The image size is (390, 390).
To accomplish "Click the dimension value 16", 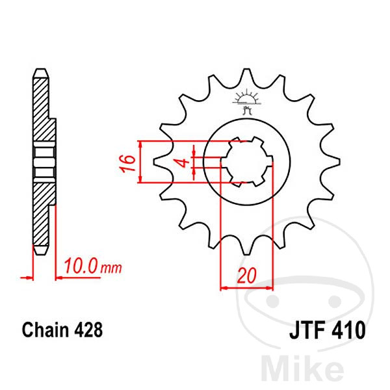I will pyautogui.click(x=129, y=162).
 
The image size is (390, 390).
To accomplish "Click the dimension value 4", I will pyautogui.click(x=184, y=162).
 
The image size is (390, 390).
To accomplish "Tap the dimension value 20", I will pyautogui.click(x=245, y=276).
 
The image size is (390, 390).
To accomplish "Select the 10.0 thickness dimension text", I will pyautogui.click(x=81, y=266).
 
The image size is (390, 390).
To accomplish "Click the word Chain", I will pyautogui.click(x=44, y=330).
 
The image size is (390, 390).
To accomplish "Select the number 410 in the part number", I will pyautogui.click(x=349, y=331).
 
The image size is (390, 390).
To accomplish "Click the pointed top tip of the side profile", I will pyautogui.click(x=40, y=70).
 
